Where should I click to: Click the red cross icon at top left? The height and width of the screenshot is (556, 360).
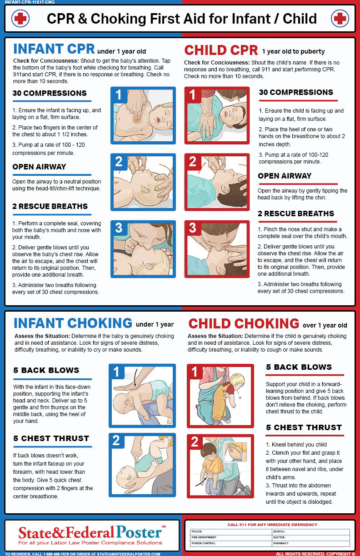point(20,18)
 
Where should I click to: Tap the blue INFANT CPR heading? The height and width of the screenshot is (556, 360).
point(54,50)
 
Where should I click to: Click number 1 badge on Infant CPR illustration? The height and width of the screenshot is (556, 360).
point(119,95)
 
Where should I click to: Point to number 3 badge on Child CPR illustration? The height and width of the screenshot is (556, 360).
point(193,228)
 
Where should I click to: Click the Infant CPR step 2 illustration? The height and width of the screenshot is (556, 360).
point(143,183)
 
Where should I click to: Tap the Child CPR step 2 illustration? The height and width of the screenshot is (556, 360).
point(217,183)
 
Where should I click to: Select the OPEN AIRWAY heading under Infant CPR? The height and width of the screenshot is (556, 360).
point(39,167)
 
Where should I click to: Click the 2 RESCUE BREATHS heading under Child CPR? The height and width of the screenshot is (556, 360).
point(296,213)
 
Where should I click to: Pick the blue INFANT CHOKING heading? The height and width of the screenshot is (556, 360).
point(73,323)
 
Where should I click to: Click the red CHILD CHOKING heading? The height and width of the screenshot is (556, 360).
point(244,323)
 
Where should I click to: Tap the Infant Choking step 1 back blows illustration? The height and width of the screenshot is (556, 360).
point(142,395)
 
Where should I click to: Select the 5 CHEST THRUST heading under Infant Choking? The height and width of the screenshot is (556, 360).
point(51,438)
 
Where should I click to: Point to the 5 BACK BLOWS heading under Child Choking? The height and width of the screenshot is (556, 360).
point(299,367)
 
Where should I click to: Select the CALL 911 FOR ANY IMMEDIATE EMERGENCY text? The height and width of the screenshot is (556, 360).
point(272,525)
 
